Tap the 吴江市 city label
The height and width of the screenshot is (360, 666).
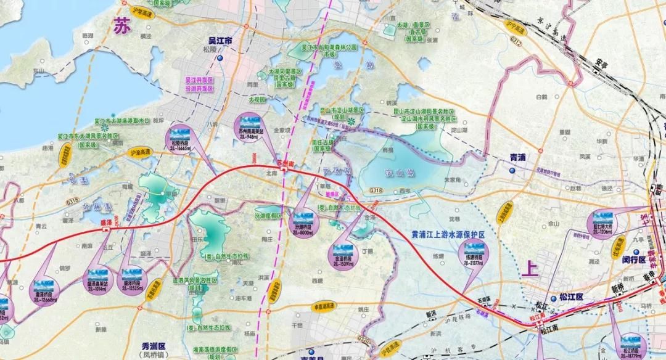click(220, 41)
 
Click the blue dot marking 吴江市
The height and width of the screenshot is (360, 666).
click(220, 59)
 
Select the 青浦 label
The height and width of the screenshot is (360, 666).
click(518, 157)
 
